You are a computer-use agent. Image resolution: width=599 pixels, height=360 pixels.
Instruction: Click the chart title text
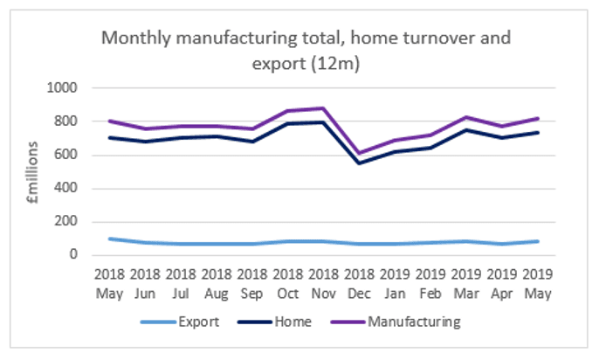point(306,51)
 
